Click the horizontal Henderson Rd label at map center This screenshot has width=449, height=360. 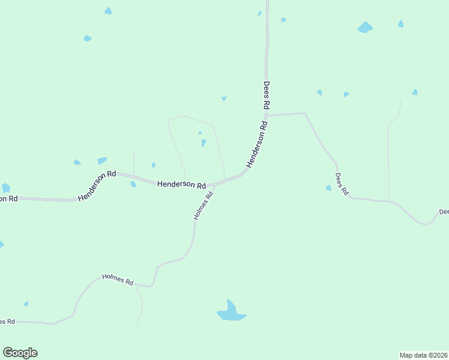tap(181, 185)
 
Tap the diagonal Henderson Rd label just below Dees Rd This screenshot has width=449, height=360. tap(256, 145)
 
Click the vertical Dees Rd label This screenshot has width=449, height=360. tap(267, 95)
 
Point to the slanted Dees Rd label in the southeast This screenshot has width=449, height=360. tap(342, 184)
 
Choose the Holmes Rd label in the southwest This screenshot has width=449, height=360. tap(118, 279)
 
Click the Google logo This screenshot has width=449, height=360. tap(20, 352)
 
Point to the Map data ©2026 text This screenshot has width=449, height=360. tap(423, 355)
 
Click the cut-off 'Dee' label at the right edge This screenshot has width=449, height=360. tap(444, 212)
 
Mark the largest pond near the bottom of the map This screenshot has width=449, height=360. tap(231, 311)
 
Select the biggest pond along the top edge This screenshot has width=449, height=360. tap(365, 27)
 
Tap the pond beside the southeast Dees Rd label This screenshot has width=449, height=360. tap(328, 188)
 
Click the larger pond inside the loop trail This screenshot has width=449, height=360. tap(203, 143)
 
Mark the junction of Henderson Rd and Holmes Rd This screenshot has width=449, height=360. tap(214, 184)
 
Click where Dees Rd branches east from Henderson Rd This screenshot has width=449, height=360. tap(267, 114)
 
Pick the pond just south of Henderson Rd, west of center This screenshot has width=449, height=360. tap(133, 184)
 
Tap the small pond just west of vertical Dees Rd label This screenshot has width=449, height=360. tap(224, 98)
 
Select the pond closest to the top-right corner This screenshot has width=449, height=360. tap(400, 24)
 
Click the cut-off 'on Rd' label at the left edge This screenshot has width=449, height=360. tap(8, 199)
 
